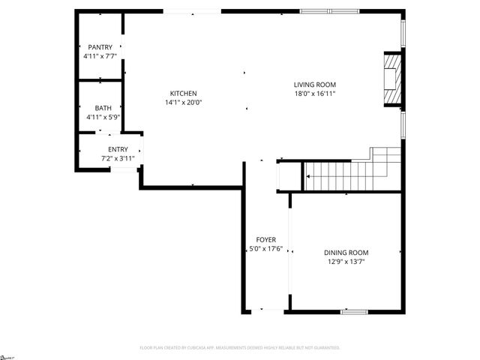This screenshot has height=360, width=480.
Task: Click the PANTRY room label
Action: [x=100, y=47]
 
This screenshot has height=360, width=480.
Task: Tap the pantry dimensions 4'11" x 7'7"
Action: [x=100, y=56]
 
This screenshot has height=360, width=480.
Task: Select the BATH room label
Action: [x=103, y=108]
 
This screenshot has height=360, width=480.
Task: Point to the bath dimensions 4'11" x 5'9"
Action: [x=103, y=117]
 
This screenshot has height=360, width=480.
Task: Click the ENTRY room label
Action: [x=118, y=150]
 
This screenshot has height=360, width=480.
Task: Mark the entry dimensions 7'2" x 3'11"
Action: [x=118, y=159]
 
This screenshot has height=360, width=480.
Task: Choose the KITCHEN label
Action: [x=184, y=93]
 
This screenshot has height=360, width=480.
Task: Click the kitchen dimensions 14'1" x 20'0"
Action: [x=184, y=102]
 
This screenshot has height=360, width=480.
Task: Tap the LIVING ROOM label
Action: [x=314, y=85]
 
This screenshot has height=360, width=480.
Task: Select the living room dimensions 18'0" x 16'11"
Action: [x=314, y=94]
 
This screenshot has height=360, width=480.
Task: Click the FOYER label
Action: [x=266, y=239]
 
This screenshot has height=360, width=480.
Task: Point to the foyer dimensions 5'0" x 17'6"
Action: [x=266, y=248]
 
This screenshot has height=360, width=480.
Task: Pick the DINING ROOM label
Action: [x=346, y=252]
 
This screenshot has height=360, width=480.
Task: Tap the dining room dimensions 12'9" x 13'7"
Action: [x=346, y=261]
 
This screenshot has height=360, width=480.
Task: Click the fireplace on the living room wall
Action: [x=391, y=80]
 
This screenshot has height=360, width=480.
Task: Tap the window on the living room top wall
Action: [x=328, y=11]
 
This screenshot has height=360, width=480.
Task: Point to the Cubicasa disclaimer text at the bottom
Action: [x=240, y=348]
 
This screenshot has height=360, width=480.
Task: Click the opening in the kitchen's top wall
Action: [x=191, y=11]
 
